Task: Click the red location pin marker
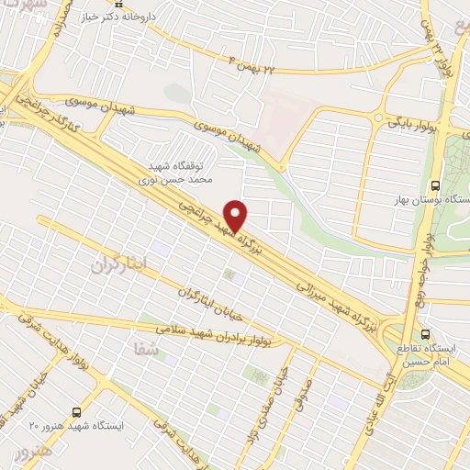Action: (x=236, y=215)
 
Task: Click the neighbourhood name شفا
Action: (x=146, y=350)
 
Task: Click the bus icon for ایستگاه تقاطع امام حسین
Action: (x=425, y=333)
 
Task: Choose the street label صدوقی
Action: (x=302, y=389)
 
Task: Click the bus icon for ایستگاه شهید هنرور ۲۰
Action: (x=76, y=412)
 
